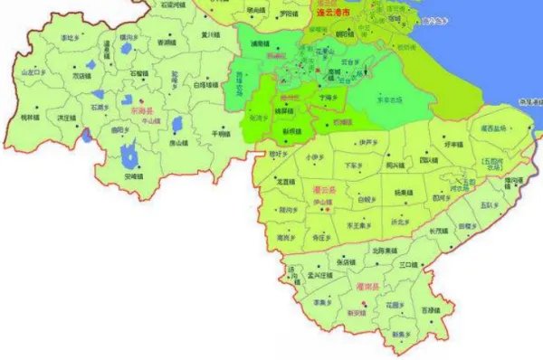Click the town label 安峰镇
(134, 176)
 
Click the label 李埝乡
(70, 37)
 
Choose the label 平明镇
(222, 133)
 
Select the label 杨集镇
(403, 193)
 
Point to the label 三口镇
(406, 264)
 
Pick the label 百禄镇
(430, 311)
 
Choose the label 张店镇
(344, 262)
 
